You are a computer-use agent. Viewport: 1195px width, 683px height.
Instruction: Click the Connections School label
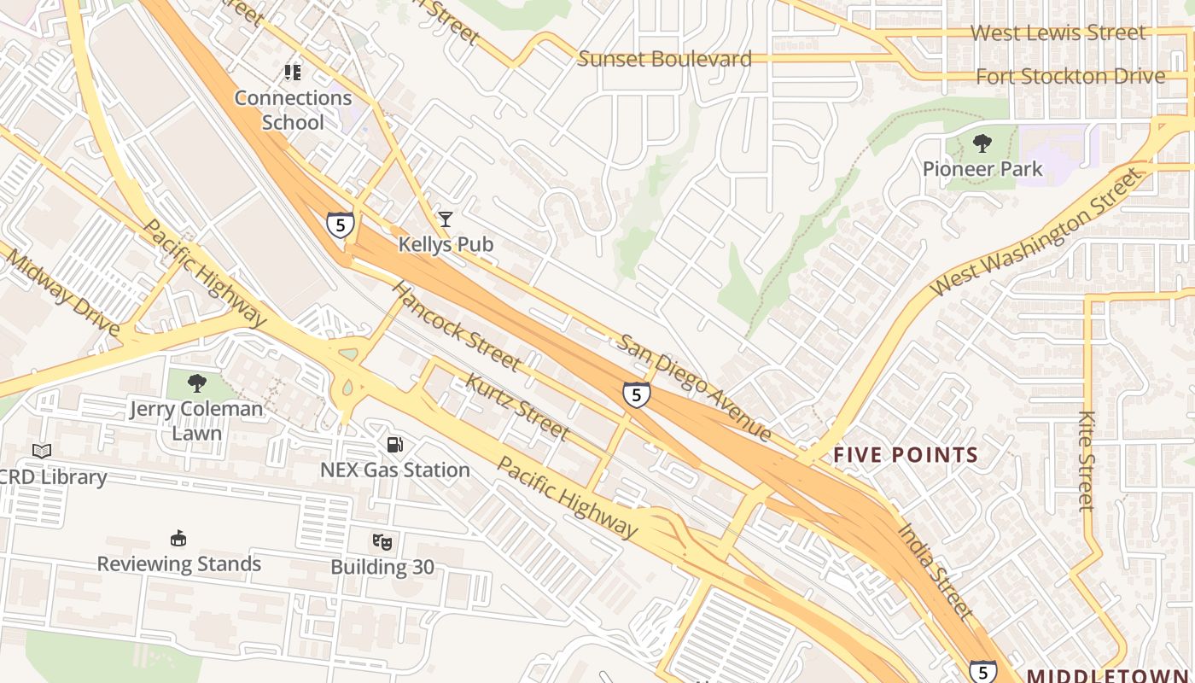click(x=293, y=110)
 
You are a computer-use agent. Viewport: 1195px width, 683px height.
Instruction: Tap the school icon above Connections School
click(x=293, y=73)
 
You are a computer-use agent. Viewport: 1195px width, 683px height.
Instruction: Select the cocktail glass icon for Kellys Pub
click(x=445, y=219)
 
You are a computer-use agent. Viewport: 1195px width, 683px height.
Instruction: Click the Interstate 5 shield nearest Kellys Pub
click(x=341, y=225)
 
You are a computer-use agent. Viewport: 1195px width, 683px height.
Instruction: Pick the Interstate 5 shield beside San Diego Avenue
click(x=636, y=394)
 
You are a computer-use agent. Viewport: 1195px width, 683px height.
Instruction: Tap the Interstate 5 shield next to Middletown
click(x=982, y=672)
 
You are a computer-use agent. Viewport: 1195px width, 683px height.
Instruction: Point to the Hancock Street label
click(x=456, y=325)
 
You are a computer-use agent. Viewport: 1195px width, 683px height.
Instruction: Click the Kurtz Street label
click(x=516, y=406)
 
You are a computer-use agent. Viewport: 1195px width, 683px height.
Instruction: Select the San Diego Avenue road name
click(x=695, y=387)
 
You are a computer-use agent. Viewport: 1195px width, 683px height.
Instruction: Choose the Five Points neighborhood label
click(x=905, y=454)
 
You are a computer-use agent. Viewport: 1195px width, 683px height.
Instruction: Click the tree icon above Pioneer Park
click(x=982, y=143)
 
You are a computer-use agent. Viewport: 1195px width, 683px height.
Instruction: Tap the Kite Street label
click(x=1086, y=461)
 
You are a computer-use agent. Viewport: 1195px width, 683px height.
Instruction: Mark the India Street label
click(x=935, y=570)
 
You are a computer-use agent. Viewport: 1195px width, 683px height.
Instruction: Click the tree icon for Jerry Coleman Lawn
click(x=197, y=382)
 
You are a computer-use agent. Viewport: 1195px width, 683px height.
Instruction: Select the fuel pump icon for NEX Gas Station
click(x=394, y=444)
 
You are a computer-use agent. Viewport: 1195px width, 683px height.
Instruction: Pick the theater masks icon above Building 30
click(x=382, y=541)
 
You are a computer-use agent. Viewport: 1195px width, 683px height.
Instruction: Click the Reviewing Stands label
click(x=178, y=563)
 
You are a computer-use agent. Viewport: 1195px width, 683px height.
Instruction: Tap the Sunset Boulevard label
click(x=665, y=59)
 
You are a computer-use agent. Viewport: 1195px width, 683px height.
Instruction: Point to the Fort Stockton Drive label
click(x=1070, y=76)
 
